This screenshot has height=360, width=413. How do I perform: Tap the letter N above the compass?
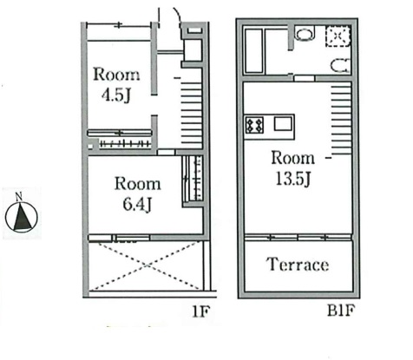point(19,197)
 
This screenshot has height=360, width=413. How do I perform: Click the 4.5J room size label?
point(116,95)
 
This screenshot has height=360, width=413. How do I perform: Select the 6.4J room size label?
point(137,204)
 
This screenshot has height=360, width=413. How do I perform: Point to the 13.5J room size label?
point(293,179)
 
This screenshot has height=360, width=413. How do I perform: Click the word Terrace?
point(298,265)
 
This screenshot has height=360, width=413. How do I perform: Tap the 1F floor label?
point(200,311)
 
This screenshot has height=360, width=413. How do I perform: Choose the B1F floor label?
point(341,311)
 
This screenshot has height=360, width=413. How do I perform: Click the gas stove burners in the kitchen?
point(254,125)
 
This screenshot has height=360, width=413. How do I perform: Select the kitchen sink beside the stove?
point(283,125)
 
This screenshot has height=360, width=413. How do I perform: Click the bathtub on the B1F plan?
point(253,50)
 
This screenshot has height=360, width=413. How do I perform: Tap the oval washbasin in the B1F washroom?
point(305,34)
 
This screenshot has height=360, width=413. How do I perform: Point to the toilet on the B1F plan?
point(340,66)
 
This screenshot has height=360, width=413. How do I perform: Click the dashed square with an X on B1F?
point(338,36)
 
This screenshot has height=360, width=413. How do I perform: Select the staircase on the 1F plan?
point(191,113)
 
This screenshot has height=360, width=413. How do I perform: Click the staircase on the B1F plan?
point(341,119)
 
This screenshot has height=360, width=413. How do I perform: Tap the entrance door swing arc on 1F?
point(176,13)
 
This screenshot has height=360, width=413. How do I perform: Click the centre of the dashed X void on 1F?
point(147,265)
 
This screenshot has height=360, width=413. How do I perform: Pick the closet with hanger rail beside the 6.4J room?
point(193,179)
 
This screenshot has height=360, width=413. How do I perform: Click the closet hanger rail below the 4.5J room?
point(125,143)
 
